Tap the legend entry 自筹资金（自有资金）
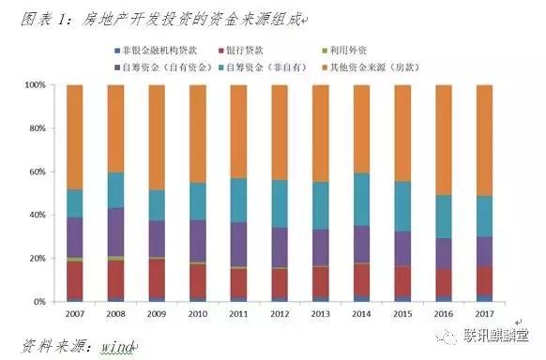pos(170,66)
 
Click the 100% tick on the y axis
pos(34,84)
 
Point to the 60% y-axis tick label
pos(36,172)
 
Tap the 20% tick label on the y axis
pos(36,258)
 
